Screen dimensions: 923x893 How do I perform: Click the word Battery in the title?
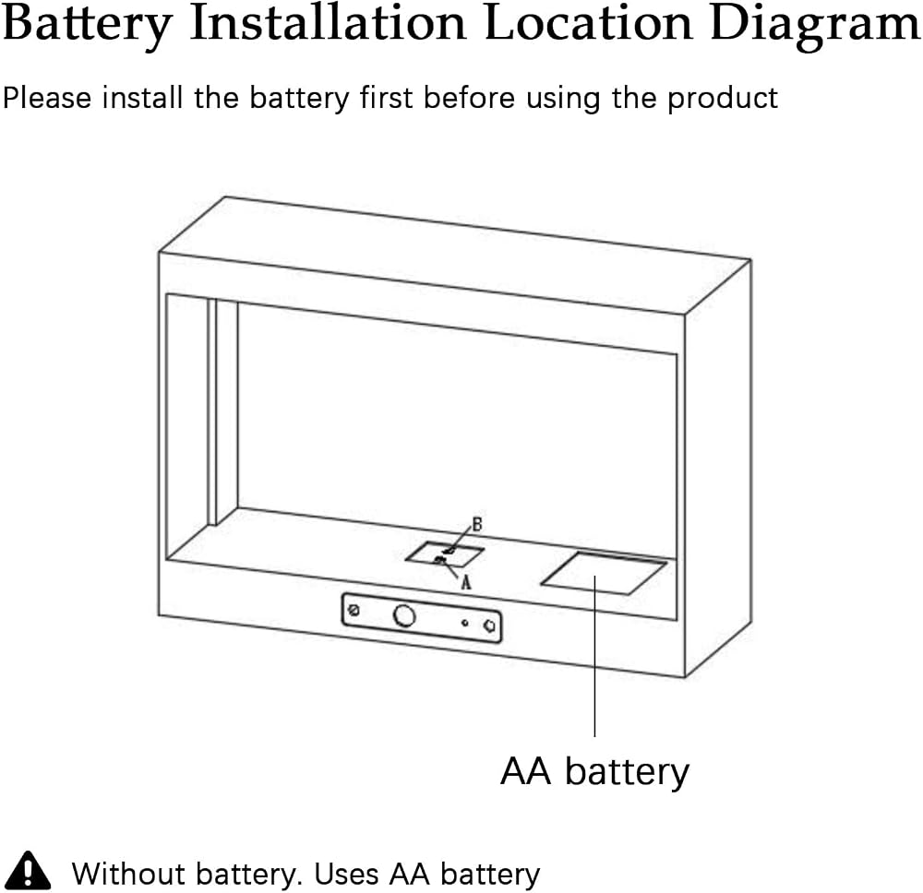pos(87,25)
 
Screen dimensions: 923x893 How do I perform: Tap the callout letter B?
pos(477,524)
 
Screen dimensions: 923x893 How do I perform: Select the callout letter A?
pos(465,582)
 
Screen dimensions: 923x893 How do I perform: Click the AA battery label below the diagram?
pos(594,772)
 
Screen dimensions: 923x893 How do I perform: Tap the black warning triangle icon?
pos(27,870)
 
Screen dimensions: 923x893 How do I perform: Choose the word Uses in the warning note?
pos(347,875)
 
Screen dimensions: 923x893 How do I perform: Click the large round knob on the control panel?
pos(404,616)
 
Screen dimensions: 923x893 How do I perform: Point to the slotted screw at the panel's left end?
pos(354,610)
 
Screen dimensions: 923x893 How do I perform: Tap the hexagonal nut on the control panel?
pos(489,626)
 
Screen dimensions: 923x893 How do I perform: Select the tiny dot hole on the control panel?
pos(464,623)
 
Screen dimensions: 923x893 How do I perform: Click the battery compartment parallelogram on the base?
pos(604,573)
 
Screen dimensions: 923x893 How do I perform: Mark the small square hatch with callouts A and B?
pos(445,554)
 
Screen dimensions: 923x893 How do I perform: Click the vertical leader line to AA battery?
pos(594,656)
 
